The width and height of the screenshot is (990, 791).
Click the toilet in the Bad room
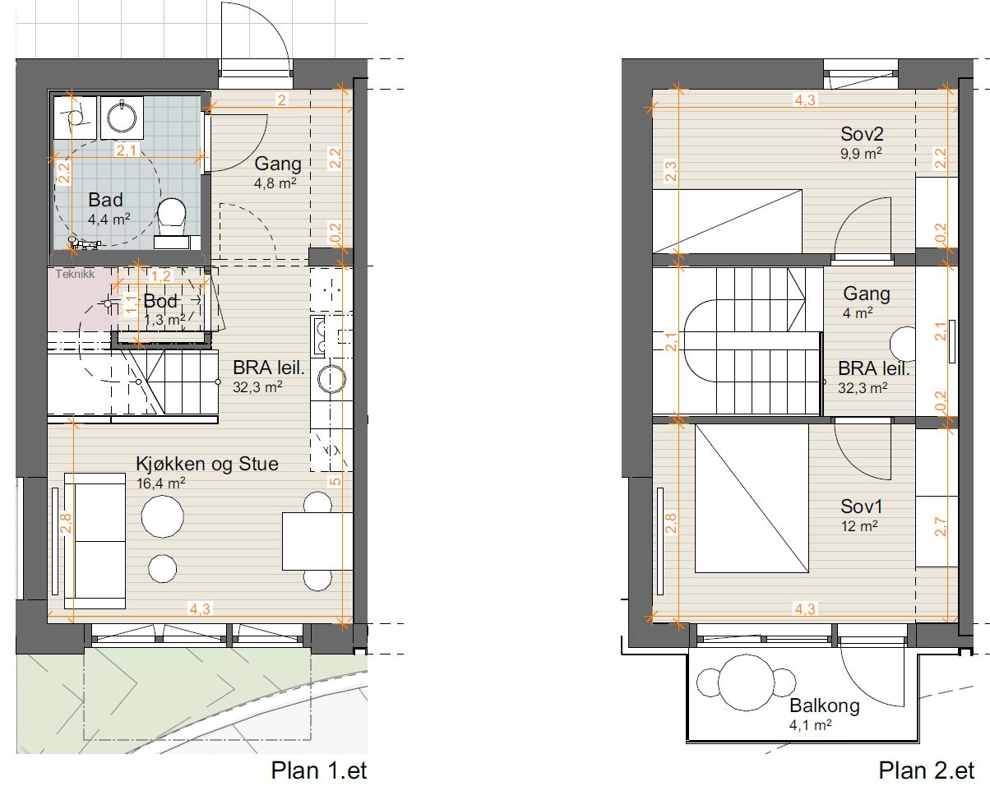pos(172,216)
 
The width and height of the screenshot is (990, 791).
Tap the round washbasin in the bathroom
pos(122,118)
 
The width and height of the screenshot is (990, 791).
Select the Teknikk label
pos(75,275)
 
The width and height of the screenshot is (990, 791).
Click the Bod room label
pos(160,301)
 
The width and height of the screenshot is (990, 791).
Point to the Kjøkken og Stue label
pos(207,464)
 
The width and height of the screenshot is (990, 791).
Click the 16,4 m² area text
pos(161,483)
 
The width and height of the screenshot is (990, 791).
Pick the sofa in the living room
pos(95,541)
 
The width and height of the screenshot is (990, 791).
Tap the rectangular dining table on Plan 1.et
pos(317,542)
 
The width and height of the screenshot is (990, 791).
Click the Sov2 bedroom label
pos(862,134)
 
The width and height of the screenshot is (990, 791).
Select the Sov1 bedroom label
pos(861,507)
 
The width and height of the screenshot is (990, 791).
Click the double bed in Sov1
pos(752,498)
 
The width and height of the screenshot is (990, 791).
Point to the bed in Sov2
pos(728,221)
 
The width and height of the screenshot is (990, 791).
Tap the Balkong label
pos(825,705)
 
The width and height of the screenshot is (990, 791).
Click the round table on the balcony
pos(746,682)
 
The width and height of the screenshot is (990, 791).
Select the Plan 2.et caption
pos(927,770)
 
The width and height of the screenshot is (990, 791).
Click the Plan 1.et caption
pos(319,770)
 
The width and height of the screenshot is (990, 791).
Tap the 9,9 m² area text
pos(861,153)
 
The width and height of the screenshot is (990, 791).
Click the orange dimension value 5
pos(335,481)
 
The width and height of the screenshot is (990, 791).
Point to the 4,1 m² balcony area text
pos(810,725)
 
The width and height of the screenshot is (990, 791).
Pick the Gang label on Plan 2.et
pos(867,294)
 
